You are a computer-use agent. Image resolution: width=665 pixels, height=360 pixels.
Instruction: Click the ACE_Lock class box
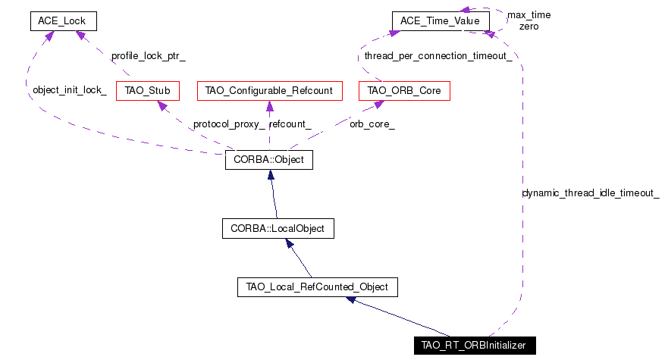click(64, 21)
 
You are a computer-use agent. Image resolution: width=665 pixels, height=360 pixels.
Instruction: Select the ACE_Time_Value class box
click(441, 21)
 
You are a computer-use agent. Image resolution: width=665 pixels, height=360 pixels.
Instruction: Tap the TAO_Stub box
click(148, 91)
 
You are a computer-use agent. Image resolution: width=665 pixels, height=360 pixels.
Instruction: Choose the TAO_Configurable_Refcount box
click(270, 91)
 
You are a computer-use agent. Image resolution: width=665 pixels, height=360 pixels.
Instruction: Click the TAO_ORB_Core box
click(404, 91)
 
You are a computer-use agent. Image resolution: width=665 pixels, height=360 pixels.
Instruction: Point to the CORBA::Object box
click(269, 160)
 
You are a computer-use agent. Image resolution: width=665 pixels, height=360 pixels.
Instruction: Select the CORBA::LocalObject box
click(278, 229)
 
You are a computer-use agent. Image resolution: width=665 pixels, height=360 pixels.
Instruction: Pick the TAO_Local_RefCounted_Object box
click(318, 287)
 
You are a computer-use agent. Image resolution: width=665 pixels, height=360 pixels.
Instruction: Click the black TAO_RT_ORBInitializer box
click(475, 346)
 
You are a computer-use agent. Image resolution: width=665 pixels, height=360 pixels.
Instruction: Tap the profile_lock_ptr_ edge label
click(149, 56)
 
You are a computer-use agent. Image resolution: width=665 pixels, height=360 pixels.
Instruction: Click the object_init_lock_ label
click(70, 90)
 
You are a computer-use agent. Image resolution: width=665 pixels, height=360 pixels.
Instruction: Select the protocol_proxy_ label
click(229, 124)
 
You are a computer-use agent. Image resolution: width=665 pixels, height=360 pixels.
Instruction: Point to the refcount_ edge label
click(290, 124)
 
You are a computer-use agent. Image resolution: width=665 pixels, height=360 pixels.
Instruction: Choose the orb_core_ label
click(372, 124)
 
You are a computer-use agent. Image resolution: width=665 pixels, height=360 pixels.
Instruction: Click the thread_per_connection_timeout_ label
click(438, 56)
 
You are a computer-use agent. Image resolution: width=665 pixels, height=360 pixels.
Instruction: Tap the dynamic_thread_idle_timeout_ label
click(591, 193)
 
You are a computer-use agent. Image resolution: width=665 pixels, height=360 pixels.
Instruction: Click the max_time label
click(529, 15)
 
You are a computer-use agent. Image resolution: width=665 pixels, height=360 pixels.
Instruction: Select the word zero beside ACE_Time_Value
click(529, 27)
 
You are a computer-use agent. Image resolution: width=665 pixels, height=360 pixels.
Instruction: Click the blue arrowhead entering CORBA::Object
click(271, 175)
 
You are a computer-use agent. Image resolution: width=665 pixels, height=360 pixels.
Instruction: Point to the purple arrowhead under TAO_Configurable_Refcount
click(269, 106)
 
